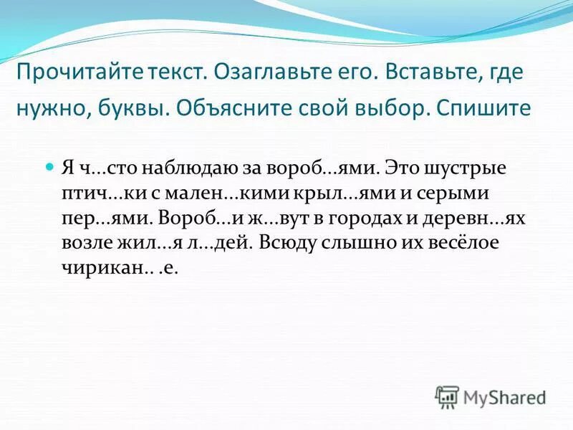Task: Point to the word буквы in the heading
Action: tap(129, 110)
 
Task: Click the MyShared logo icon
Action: tap(447, 396)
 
